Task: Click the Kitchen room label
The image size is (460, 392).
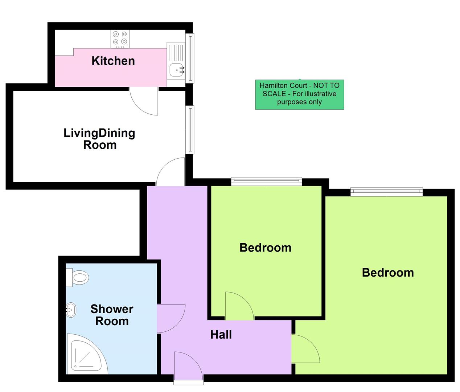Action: pyautogui.click(x=113, y=61)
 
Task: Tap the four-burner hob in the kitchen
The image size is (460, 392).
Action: pyautogui.click(x=120, y=38)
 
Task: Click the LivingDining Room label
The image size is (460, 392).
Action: pyautogui.click(x=99, y=139)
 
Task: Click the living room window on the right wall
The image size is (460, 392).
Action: pyautogui.click(x=190, y=129)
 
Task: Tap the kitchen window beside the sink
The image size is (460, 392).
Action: pyautogui.click(x=190, y=58)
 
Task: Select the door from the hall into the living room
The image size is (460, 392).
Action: pyautogui.click(x=171, y=172)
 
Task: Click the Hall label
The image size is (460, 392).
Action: pyautogui.click(x=221, y=334)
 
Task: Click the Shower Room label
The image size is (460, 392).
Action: pyautogui.click(x=112, y=315)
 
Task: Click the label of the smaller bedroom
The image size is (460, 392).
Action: pyautogui.click(x=265, y=248)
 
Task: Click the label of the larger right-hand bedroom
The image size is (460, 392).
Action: pyautogui.click(x=387, y=272)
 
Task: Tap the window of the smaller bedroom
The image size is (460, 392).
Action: pyautogui.click(x=266, y=181)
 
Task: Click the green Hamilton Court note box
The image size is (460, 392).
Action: pyautogui.click(x=299, y=94)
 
